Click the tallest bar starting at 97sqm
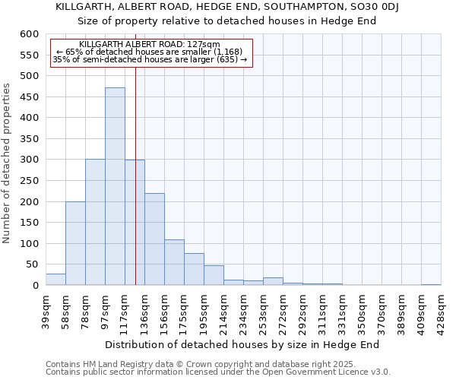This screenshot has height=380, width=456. [x=115, y=186]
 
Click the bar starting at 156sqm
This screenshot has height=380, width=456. [x=174, y=263]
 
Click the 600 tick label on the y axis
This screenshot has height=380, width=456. [x=29, y=34]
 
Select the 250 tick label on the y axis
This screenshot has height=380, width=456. [x=29, y=181]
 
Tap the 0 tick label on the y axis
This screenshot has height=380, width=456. [x=35, y=286]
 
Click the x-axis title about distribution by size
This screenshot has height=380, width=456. [x=242, y=344]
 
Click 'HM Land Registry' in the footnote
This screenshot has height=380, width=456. [x=116, y=364]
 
